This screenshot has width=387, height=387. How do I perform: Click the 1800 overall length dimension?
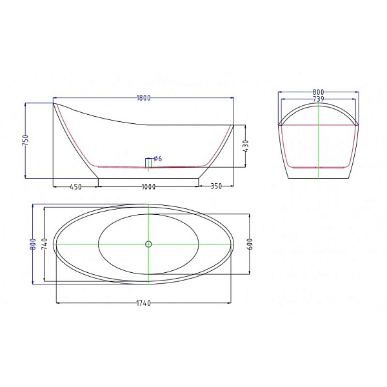pyautogui.click(x=143, y=98)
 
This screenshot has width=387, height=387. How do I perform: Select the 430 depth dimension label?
pyautogui.click(x=246, y=146)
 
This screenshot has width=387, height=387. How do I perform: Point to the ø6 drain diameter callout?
pyautogui.click(x=158, y=159)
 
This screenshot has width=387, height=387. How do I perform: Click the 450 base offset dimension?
pyautogui.click(x=75, y=187)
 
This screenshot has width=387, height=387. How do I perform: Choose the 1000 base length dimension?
pyautogui.click(x=148, y=187)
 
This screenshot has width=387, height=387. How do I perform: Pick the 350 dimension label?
pyautogui.click(x=216, y=186)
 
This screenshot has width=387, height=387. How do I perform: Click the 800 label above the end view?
pyautogui.click(x=318, y=92)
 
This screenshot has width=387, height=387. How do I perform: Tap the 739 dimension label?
pyautogui.click(x=318, y=99)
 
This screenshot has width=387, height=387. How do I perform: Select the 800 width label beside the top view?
pyautogui.click(x=33, y=244)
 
